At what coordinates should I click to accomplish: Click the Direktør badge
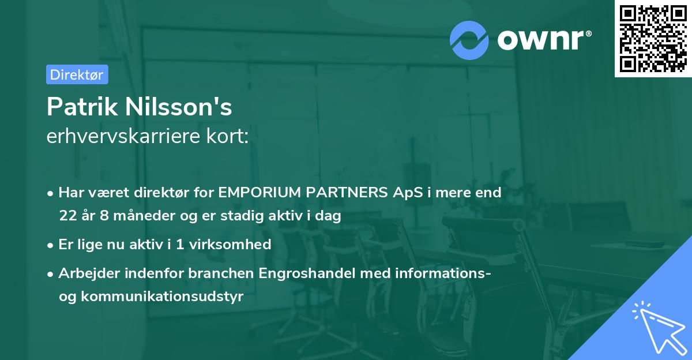[77, 74]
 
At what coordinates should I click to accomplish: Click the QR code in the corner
[653, 39]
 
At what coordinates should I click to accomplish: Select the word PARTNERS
[349, 192]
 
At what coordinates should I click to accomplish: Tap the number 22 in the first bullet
[67, 216]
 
